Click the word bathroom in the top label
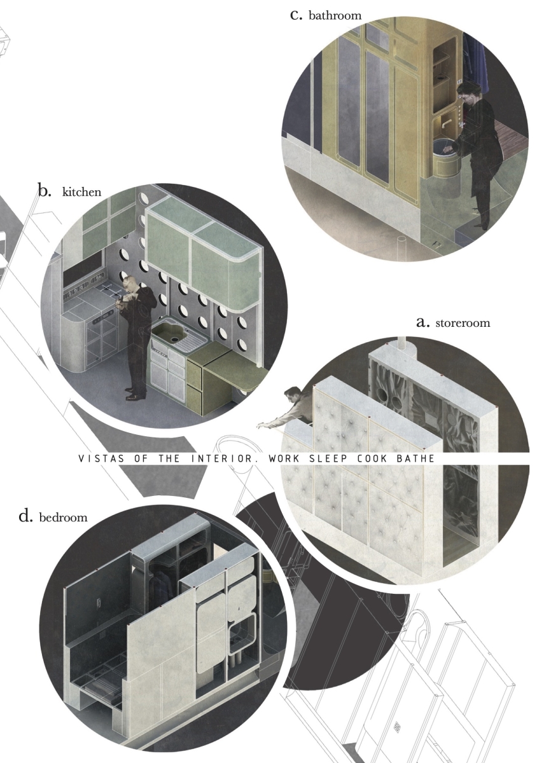335,16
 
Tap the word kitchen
82,192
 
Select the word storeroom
463,322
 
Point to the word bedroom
64,518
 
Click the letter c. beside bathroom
296,16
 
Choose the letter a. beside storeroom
423,322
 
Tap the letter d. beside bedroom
26,516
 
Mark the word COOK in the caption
372,458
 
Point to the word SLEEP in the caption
328,458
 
